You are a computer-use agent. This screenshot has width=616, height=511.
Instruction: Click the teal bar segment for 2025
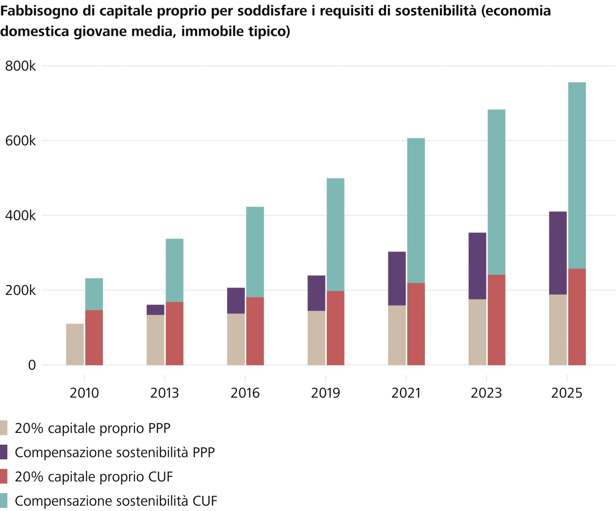coord(577,175)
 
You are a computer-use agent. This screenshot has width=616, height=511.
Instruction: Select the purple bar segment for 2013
coord(155,310)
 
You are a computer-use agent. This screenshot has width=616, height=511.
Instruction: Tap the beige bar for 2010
coord(75,344)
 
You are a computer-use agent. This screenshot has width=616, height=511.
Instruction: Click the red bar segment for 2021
coord(416,324)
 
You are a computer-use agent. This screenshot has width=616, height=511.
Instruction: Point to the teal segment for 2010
coord(94,294)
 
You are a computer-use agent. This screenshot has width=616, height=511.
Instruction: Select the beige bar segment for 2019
coord(316,338)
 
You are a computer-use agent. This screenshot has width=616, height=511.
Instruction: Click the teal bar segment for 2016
coord(255,252)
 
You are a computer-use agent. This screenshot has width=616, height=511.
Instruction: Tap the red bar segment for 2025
coord(577,317)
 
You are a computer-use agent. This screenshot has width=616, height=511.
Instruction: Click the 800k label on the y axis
coord(21,66)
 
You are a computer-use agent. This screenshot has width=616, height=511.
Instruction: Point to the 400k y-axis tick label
coord(21,216)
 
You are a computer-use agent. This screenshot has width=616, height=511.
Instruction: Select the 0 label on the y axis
coord(32,365)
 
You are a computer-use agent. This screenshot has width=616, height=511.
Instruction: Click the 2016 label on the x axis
coord(245,393)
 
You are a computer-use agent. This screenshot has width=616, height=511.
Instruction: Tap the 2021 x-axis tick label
coord(406,393)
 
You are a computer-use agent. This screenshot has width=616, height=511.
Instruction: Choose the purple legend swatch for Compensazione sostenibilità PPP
coord(4,452)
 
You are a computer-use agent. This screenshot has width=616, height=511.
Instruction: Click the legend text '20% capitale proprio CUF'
coord(94,477)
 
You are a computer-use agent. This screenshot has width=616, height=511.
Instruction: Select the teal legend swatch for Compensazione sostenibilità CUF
coord(4,501)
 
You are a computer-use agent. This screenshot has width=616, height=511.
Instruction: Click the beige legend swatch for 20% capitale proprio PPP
coord(4,428)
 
